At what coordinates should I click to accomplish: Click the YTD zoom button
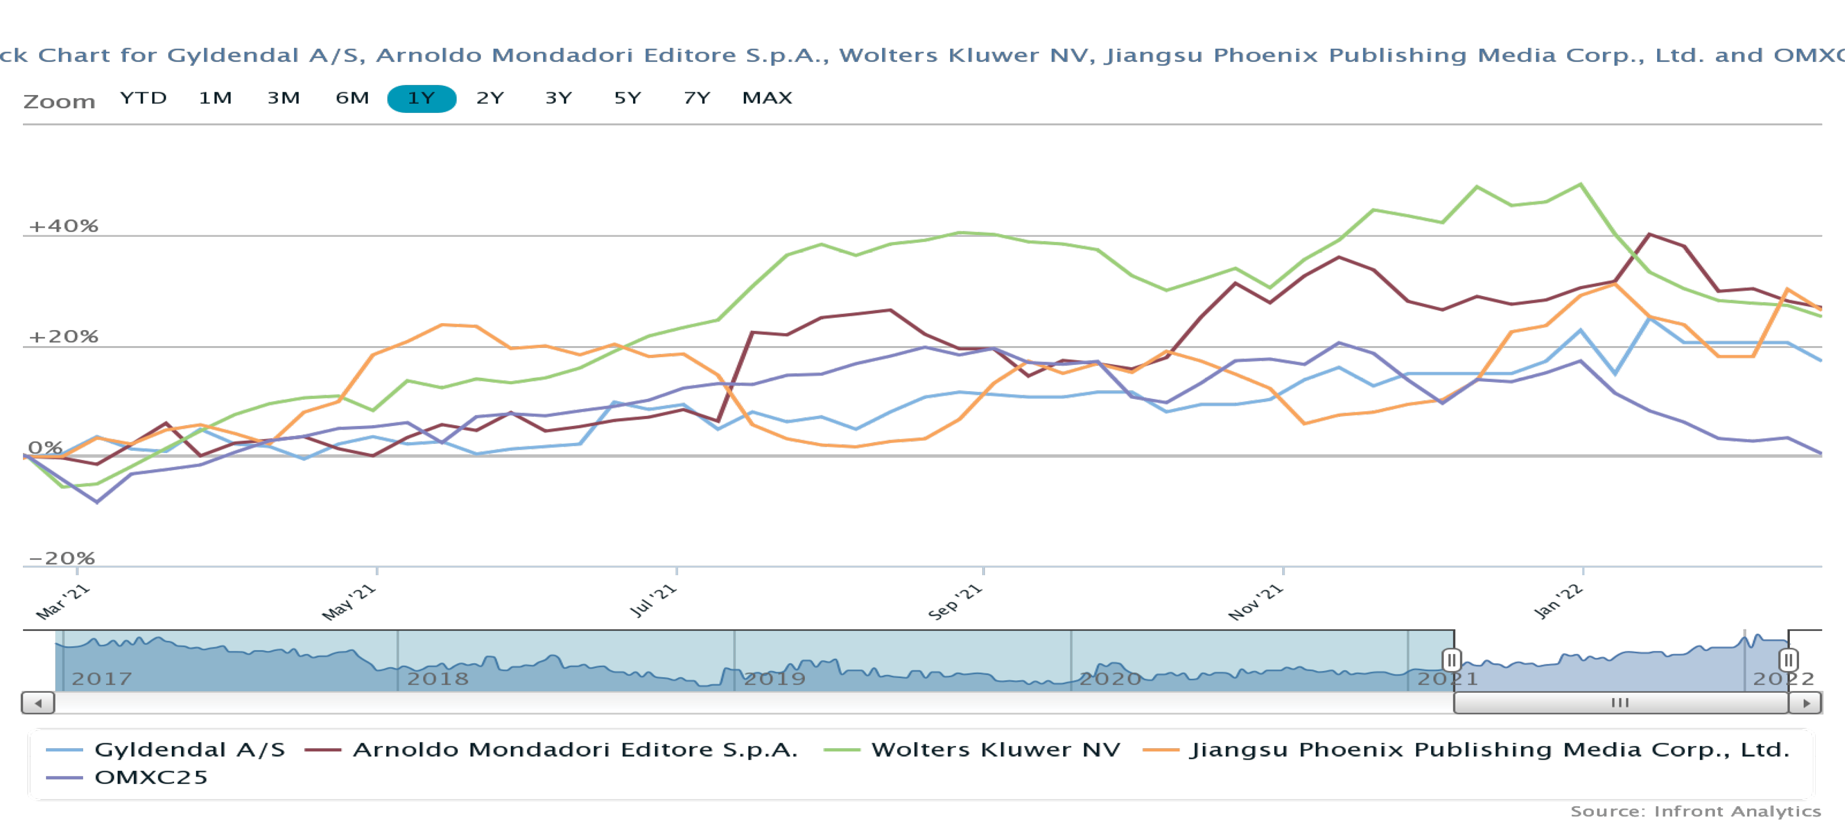click(143, 98)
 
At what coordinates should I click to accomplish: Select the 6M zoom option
click(351, 98)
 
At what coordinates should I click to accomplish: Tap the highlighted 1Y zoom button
click(421, 98)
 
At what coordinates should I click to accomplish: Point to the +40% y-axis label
click(63, 226)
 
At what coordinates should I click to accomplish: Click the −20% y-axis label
click(62, 558)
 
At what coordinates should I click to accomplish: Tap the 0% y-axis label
click(45, 448)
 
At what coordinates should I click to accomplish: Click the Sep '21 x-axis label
click(955, 602)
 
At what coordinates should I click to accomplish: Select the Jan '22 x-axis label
click(1557, 601)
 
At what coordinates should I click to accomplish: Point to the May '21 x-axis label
click(349, 602)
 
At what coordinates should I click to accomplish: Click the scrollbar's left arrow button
click(38, 703)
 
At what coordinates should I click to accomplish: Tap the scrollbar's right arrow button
click(1805, 703)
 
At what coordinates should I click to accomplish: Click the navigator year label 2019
click(774, 678)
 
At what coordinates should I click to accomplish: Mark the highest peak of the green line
click(1581, 185)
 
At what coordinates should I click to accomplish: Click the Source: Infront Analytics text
click(1695, 811)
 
